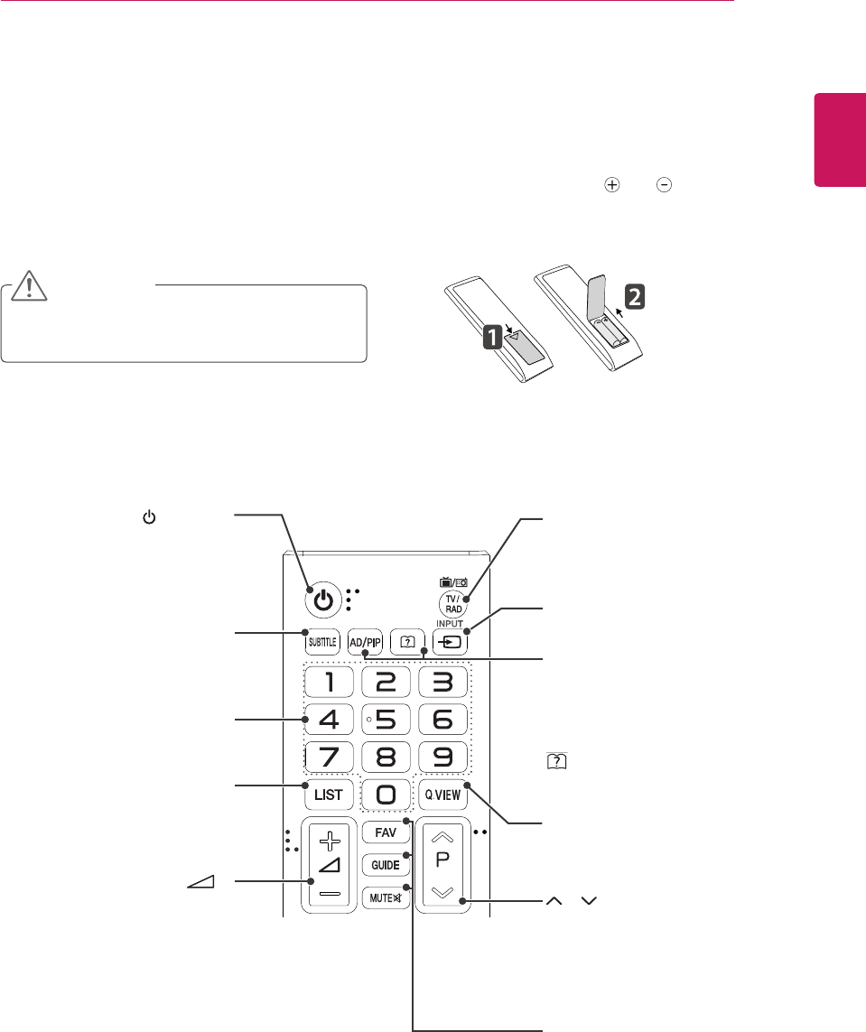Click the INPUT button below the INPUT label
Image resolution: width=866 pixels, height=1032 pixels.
pos(451,643)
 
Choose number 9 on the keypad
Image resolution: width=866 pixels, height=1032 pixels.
pos(443,754)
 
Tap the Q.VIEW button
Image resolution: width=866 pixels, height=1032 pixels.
pos(444,795)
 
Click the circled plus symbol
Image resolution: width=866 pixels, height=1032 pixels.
pos(612,183)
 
